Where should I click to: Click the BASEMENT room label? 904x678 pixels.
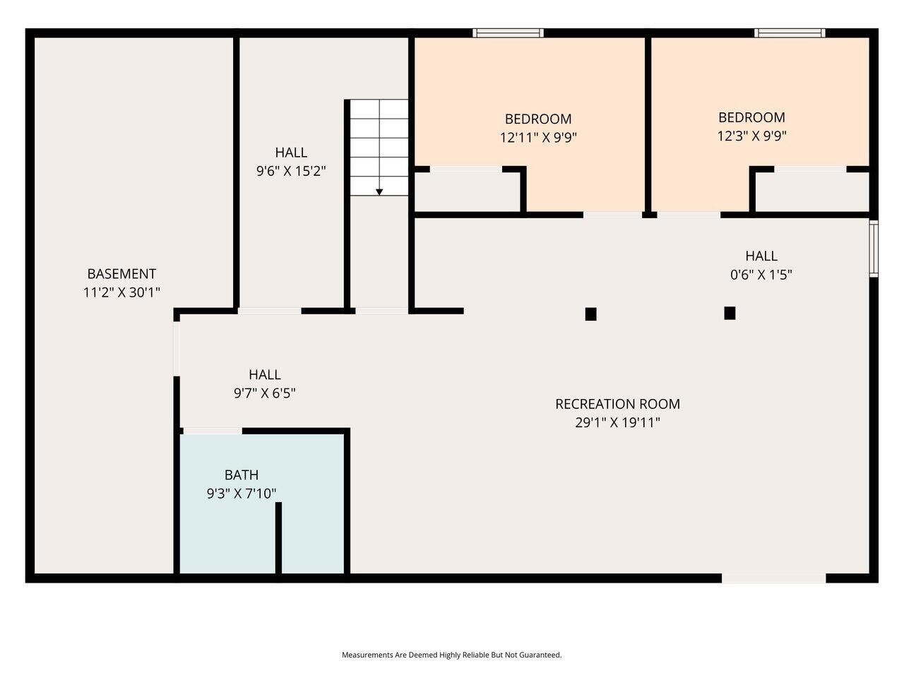coord(121,274)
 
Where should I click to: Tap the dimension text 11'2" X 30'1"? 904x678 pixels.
coord(121,292)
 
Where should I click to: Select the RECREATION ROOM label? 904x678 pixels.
coord(617,404)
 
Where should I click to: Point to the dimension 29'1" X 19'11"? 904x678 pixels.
coord(617,422)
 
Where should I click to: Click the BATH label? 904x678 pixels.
coord(242,475)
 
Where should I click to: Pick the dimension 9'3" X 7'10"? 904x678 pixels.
coord(242,493)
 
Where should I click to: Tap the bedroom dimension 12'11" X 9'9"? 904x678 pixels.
coord(538,137)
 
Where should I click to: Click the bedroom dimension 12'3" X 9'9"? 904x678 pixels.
coord(751,136)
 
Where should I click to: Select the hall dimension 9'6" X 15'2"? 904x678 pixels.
coord(291,170)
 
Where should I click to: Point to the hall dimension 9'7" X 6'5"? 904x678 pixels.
coord(264,393)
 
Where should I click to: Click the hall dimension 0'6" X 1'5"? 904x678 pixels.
coord(761,274)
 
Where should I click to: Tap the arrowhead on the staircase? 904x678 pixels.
coord(379,192)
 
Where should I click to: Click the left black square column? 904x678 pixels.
coord(590,314)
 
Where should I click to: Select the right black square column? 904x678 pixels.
coord(730,314)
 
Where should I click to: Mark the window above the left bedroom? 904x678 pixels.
coord(508,33)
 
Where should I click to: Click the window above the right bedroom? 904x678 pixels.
coord(790,33)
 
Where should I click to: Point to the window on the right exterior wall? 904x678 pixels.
coord(874,249)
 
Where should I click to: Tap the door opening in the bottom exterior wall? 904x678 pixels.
coord(774,578)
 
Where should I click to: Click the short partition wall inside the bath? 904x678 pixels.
coord(278,537)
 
